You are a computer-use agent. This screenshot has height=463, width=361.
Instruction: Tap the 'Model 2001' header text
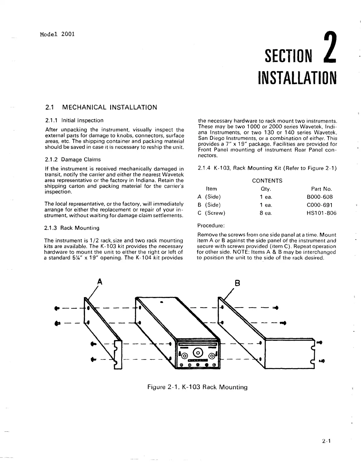pyautogui.click(x=57, y=34)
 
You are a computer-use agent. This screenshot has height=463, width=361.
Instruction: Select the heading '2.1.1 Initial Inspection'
pyautogui.click(x=74, y=120)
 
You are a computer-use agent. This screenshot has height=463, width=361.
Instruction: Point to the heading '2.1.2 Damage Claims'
pyautogui.click(x=73, y=159)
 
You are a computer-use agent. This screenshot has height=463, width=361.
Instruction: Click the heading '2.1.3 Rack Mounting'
pyautogui.click(x=72, y=228)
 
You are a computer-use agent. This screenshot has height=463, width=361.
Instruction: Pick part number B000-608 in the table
pyautogui.click(x=320, y=197)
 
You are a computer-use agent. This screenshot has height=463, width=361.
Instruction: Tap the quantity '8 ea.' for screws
pyautogui.click(x=266, y=213)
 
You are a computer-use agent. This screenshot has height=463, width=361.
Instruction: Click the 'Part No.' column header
pyautogui.click(x=321, y=189)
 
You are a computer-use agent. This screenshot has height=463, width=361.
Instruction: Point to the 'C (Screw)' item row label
pyautogui.click(x=211, y=213)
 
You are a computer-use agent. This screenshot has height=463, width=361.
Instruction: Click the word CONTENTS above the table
pyautogui.click(x=267, y=181)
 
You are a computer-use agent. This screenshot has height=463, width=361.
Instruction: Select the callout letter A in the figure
pyautogui.click(x=100, y=281)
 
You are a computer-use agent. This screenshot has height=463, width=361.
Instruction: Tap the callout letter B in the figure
pyautogui.click(x=238, y=283)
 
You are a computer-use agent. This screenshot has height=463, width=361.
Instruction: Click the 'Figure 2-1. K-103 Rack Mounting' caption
pyautogui.click(x=198, y=387)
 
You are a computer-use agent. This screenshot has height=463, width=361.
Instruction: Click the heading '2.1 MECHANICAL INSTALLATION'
pyautogui.click(x=101, y=108)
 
